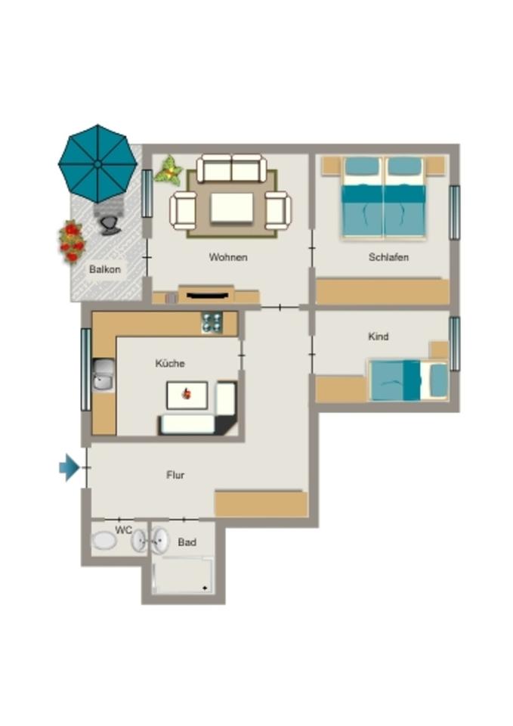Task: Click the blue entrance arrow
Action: [70, 467]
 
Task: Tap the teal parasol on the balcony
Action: [97, 163]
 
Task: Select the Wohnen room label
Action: [228, 257]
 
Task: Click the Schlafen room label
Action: [388, 257]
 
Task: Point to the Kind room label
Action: [378, 337]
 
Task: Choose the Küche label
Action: [170, 364]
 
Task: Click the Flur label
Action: [175, 475]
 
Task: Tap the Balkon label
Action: [105, 269]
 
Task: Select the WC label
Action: [123, 530]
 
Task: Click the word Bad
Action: [187, 542]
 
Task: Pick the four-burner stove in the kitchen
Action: [212, 323]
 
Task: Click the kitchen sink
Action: [104, 375]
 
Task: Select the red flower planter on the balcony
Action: [71, 241]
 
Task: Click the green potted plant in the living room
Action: [168, 171]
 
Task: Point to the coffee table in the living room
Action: [232, 208]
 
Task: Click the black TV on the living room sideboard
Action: [207, 295]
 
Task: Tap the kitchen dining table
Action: [187, 396]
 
